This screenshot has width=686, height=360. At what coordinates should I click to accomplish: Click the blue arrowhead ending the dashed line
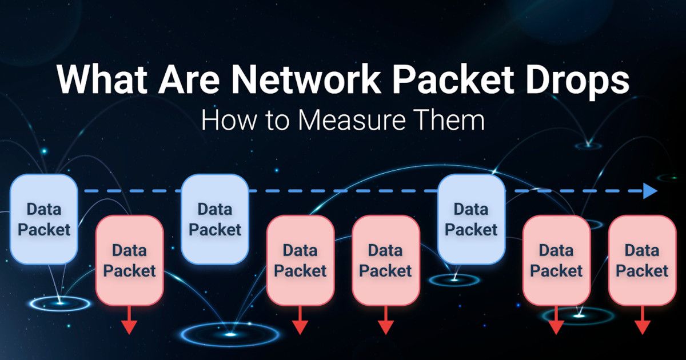coord(650,191)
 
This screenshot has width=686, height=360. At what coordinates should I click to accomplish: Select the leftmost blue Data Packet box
coord(43,219)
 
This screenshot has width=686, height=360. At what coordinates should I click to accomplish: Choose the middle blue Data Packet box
coord(215,219)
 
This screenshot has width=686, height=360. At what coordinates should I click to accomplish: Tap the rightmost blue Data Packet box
coord(471,219)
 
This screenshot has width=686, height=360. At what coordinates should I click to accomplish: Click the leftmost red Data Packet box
coord(129,260)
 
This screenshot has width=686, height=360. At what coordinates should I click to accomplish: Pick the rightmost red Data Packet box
coord(641,260)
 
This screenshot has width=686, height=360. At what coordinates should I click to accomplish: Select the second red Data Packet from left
coord(300,260)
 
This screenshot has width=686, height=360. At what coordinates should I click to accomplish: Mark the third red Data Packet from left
coord(385,260)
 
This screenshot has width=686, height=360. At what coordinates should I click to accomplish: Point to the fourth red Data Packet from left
coord(556,260)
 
